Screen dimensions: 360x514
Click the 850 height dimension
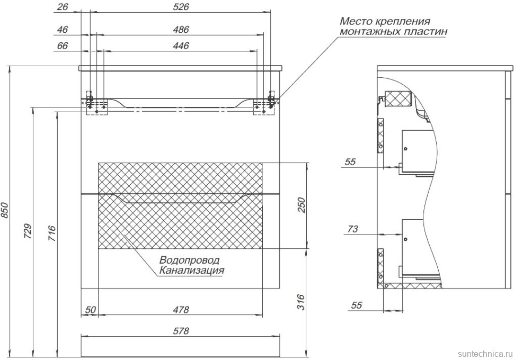point(5,211)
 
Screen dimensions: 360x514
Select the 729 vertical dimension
point(28,231)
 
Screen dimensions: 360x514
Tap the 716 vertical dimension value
point(51,233)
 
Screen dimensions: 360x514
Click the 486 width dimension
point(181,29)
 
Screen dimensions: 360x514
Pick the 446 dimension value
point(181,46)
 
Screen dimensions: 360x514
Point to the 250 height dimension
point(301,205)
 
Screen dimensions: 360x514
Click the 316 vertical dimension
point(301,302)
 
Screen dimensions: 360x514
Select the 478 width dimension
point(181,310)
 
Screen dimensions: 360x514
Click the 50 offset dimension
point(90,310)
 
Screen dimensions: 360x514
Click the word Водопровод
point(189,260)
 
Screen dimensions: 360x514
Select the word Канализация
point(191,271)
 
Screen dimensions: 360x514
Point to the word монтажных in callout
point(366,32)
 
